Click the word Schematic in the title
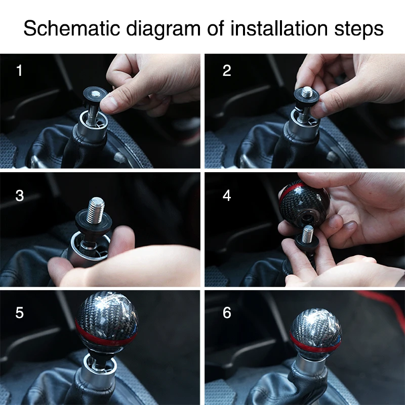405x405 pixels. tap(72, 28)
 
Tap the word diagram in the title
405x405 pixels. tap(163, 29)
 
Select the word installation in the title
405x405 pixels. tap(279, 28)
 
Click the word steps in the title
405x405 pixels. tap(359, 29)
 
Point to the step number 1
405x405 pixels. tap(19, 70)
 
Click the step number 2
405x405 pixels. tap(226, 70)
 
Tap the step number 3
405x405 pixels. tap(20, 196)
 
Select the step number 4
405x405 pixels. tap(227, 196)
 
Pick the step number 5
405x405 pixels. tap(20, 313)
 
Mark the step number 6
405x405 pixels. tap(227, 313)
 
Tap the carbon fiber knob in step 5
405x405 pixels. tap(106, 321)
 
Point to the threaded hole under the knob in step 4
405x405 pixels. tap(307, 218)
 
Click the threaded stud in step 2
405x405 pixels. tap(307, 92)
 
